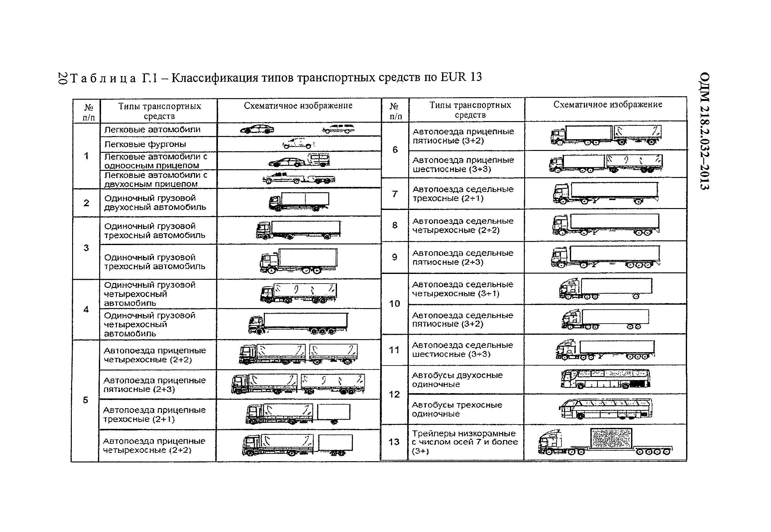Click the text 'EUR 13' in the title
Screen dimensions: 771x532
pos(461,77)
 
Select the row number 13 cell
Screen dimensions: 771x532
pos(394,442)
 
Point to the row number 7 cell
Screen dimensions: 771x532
pos(395,194)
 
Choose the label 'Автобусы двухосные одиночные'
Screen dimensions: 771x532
pos(457,380)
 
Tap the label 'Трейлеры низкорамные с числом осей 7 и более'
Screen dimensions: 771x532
pos(465,442)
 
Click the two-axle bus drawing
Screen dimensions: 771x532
pos(606,379)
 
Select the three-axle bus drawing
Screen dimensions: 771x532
pos(606,409)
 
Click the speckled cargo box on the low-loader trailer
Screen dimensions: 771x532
pos(611,439)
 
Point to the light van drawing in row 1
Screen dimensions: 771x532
pos(298,144)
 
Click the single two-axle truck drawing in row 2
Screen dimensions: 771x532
pos(298,202)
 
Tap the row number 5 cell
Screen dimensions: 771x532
pos(85,400)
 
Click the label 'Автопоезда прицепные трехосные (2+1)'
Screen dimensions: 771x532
pos(154,414)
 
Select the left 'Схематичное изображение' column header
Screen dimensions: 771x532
pos(298,106)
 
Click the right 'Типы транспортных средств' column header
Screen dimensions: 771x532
pos(470,110)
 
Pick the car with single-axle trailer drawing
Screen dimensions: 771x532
pos(299,161)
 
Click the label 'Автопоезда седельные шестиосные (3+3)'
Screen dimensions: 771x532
pos(462,349)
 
